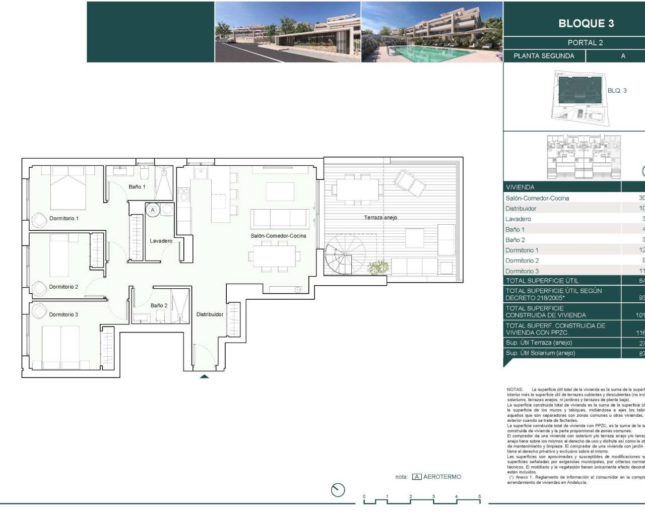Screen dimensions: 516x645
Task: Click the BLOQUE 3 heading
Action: click(x=586, y=23)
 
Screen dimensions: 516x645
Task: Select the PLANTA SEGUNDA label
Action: click(x=544, y=56)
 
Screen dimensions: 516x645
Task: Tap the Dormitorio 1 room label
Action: click(x=64, y=218)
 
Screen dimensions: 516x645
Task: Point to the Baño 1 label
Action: click(x=137, y=187)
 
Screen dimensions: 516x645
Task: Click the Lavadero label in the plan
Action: click(x=161, y=241)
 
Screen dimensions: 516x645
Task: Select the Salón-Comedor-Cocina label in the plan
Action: click(x=278, y=236)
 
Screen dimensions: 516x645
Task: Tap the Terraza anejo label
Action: click(x=380, y=218)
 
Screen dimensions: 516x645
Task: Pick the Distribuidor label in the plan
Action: click(x=210, y=314)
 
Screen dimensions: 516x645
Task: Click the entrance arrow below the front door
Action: click(x=204, y=376)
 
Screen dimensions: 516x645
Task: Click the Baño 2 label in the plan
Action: click(x=159, y=305)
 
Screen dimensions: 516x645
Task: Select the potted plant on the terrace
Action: click(x=378, y=267)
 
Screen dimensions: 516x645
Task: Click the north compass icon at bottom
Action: click(x=338, y=489)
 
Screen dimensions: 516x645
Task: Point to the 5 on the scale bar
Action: click(x=479, y=496)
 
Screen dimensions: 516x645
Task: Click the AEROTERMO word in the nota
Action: click(x=442, y=477)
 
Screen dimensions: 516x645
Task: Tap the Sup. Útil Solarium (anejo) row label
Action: click(x=540, y=353)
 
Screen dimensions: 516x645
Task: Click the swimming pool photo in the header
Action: click(x=432, y=32)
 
